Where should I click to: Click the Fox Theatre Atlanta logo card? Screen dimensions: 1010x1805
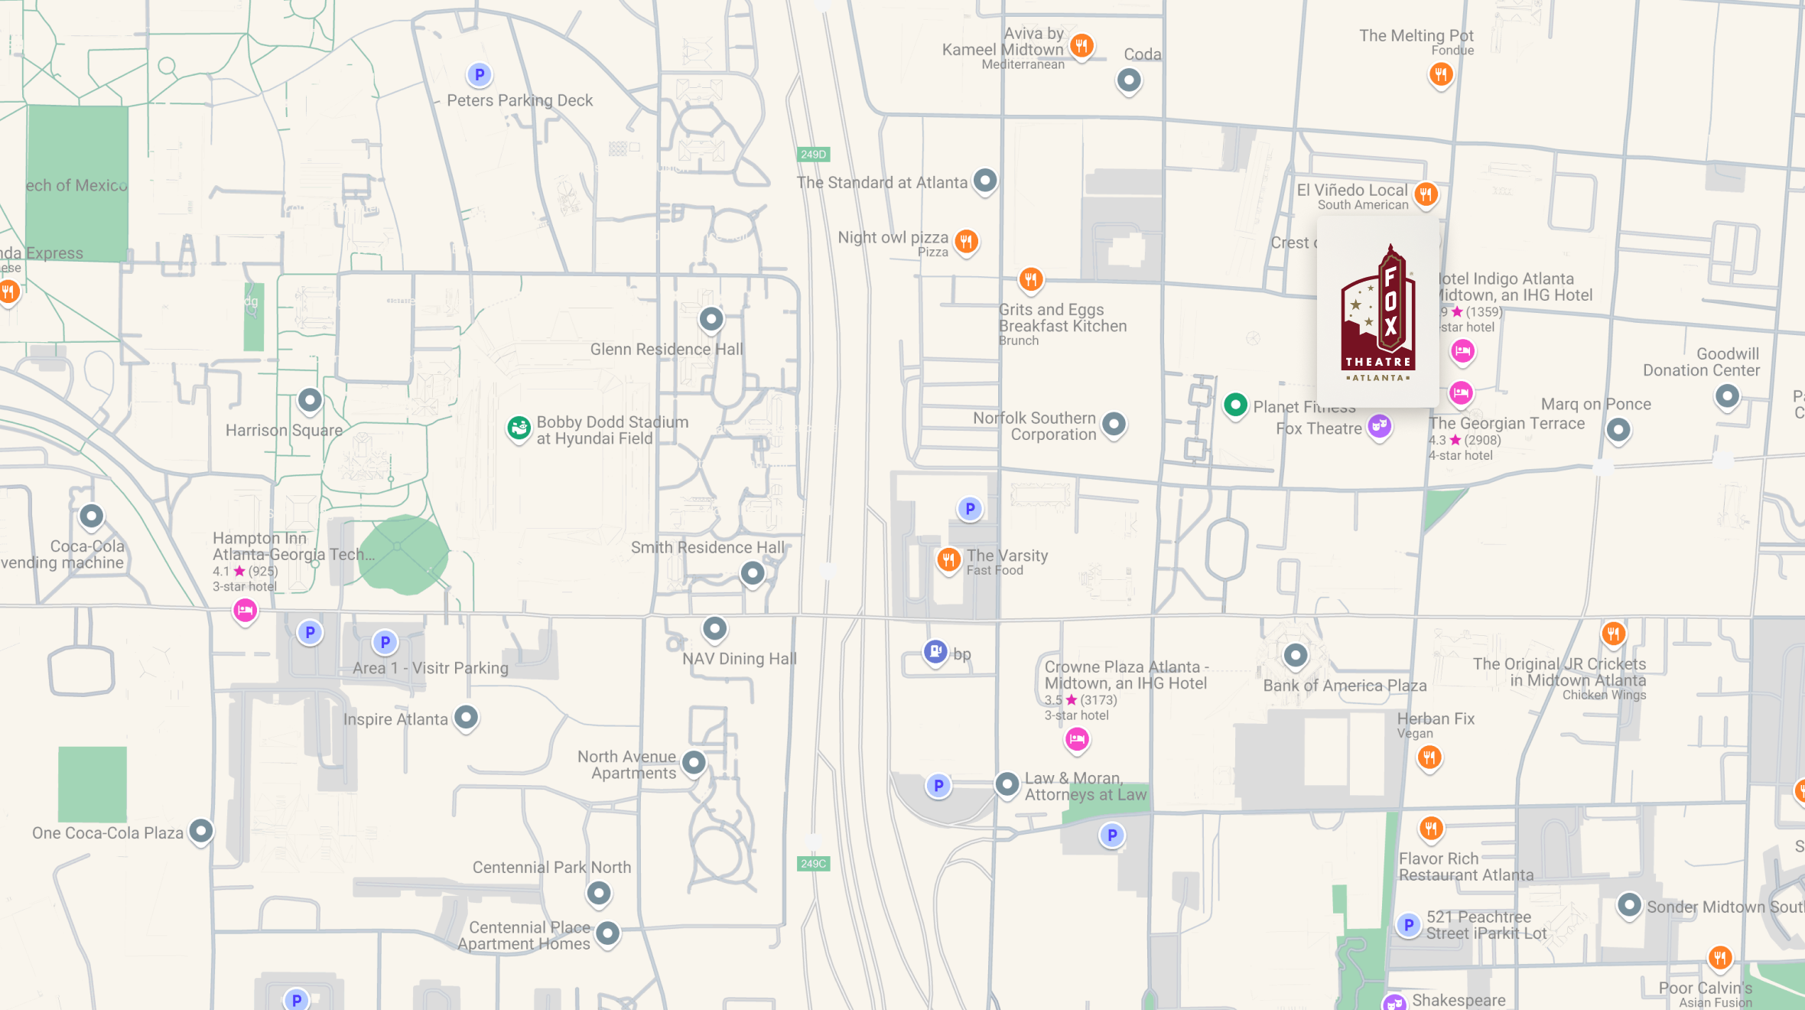[1377, 311]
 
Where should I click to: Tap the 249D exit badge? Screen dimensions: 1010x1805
[813, 155]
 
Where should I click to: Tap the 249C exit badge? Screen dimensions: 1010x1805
[813, 864]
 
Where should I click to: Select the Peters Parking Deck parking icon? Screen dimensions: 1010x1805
[480, 75]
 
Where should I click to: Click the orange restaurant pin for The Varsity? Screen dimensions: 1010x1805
[948, 559]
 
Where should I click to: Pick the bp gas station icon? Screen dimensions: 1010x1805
[935, 651]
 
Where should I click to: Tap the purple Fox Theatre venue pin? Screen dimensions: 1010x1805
[1379, 425]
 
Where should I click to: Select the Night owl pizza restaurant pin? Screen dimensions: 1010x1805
[967, 242]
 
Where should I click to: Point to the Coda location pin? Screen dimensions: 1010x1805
[1129, 80]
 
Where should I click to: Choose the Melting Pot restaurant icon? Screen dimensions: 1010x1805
[1441, 74]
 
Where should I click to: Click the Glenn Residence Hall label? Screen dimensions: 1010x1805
[666, 350]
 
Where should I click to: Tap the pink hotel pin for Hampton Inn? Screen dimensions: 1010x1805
[245, 610]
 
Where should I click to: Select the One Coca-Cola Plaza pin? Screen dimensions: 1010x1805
[201, 831]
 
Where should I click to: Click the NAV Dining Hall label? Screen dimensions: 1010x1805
[739, 659]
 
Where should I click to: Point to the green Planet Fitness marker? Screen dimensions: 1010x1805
[1235, 405]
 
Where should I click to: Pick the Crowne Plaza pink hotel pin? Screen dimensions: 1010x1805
[1077, 739]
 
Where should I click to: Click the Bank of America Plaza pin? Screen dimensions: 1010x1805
[1295, 656]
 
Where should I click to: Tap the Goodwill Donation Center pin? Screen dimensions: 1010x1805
[1726, 396]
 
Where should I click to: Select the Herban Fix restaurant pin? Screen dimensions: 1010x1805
[1429, 757]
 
